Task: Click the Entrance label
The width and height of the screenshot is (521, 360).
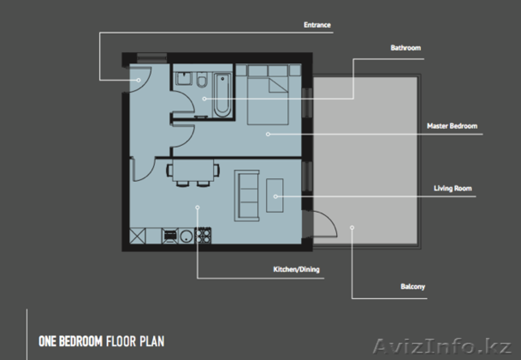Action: tap(317, 25)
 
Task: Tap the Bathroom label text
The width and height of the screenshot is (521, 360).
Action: tap(405, 48)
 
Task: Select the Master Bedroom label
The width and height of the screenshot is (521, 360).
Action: tap(452, 126)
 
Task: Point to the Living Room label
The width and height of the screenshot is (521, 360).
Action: tap(453, 188)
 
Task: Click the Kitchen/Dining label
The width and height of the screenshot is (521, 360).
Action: tap(296, 270)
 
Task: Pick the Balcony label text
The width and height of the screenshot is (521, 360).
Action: tap(413, 286)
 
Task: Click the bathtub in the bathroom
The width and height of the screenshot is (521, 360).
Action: tap(222, 95)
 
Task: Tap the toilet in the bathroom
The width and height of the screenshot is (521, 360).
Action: tap(202, 79)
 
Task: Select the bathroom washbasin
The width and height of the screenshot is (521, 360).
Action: tap(184, 78)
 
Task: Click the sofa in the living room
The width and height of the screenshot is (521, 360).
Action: tap(247, 195)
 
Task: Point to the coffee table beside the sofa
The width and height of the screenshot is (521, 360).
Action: tap(275, 195)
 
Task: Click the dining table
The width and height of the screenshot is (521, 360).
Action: tap(193, 171)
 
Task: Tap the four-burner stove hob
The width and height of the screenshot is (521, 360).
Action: tap(203, 236)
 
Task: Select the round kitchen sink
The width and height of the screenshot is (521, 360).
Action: tap(186, 236)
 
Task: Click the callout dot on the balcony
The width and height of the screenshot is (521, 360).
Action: tap(352, 227)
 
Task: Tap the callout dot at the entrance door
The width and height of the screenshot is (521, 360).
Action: tap(139, 80)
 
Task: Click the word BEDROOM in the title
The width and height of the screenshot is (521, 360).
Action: tap(81, 341)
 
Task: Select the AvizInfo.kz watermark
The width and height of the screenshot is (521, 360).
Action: tap(442, 347)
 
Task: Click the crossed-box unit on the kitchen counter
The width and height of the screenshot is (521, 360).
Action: tap(137, 236)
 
